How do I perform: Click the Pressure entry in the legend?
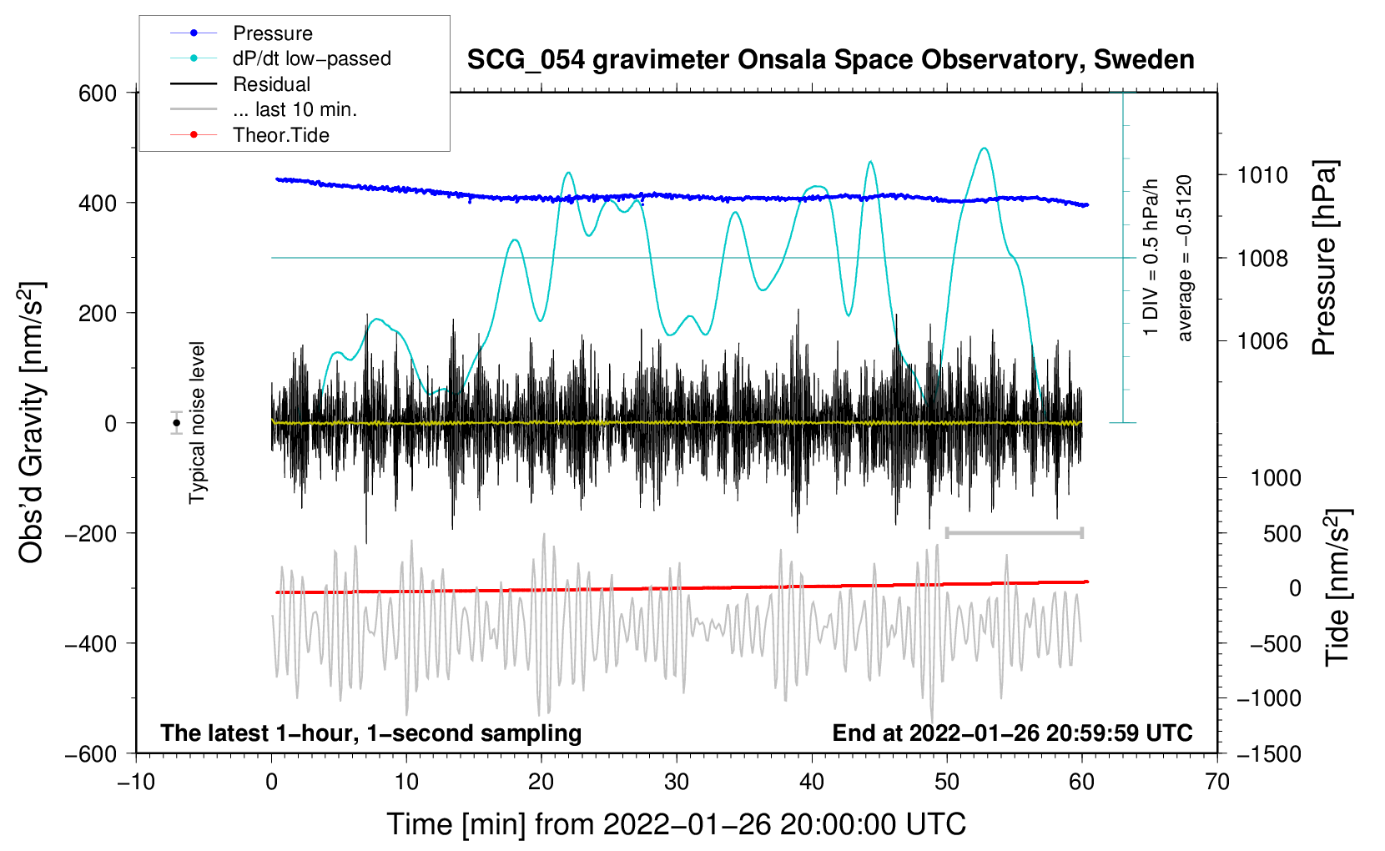point(272,33)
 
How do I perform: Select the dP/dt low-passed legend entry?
point(311,58)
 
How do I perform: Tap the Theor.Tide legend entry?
point(280,135)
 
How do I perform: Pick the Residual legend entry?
point(271,84)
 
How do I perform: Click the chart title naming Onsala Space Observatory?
point(830,60)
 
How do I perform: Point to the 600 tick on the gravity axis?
point(98,93)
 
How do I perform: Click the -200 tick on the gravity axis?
point(91,533)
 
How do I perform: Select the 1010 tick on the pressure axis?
point(1262,175)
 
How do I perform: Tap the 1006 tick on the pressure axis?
point(1262,341)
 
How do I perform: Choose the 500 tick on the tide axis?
point(1282,534)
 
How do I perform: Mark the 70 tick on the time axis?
point(1217,782)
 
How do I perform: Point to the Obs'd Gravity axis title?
point(31,422)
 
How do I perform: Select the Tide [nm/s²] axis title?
point(1337,587)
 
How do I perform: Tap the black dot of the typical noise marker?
point(176,423)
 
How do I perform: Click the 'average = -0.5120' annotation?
point(1185,259)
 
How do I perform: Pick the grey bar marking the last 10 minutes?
point(1014,532)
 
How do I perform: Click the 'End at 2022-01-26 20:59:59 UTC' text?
point(1012,733)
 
